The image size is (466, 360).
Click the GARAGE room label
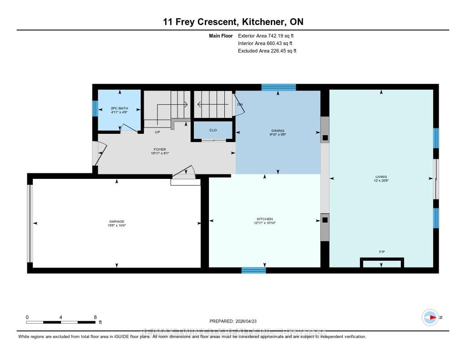pyautogui.click(x=116, y=221)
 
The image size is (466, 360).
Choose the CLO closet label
pyautogui.click(x=213, y=130)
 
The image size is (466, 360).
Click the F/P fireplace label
pyautogui.click(x=382, y=252)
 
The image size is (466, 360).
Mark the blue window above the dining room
pyautogui.click(x=279, y=87)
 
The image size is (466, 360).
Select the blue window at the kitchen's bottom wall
pyautogui.click(x=253, y=270)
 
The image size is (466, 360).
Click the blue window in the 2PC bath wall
pyautogui.click(x=95, y=108)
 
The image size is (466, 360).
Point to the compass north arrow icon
pyautogui.click(x=430, y=317)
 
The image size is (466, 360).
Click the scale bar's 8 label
pyautogui.click(x=95, y=317)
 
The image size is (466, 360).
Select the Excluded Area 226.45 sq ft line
pyautogui.click(x=267, y=51)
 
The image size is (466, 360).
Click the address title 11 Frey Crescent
pyautogui.click(x=233, y=21)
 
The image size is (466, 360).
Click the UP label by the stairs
pyautogui.click(x=157, y=132)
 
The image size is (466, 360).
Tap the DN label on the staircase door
pyautogui.click(x=240, y=105)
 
